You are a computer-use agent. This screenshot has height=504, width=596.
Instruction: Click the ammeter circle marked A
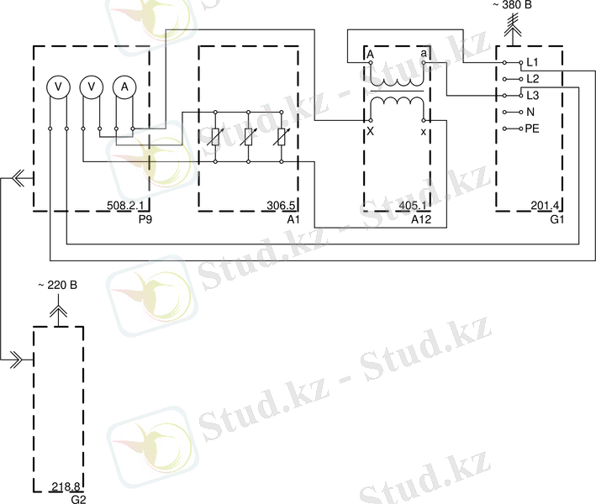[x=124, y=87]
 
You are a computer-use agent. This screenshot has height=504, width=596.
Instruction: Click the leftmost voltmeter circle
[x=58, y=87]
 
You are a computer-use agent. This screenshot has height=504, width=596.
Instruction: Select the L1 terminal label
[x=532, y=62]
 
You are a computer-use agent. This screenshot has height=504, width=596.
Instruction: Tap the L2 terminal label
[x=532, y=79]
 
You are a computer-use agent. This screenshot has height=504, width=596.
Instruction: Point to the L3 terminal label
[x=532, y=95]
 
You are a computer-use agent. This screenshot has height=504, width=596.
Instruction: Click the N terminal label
[x=530, y=112]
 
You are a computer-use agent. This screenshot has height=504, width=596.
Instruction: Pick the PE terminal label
[x=532, y=129]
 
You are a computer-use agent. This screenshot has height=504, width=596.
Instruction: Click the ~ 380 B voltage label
[x=512, y=5]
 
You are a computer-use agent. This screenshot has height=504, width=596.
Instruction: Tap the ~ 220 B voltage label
[x=57, y=285]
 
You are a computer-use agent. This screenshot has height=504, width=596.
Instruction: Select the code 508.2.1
[x=125, y=206]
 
